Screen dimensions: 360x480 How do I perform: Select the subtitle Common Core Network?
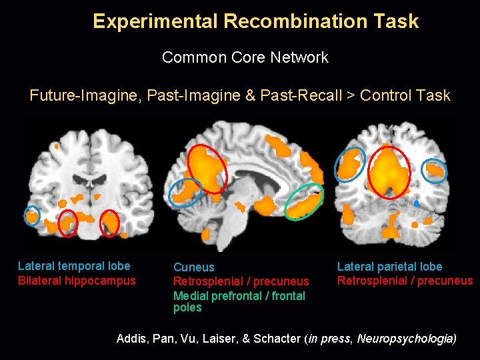point(245,57)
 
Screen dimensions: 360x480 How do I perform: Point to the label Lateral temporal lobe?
point(74,266)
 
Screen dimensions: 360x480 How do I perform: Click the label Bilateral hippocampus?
point(77,281)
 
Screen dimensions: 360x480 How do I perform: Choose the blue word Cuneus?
point(193,267)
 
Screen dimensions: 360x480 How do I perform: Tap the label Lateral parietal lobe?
point(389,267)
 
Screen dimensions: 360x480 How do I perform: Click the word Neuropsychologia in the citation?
point(406,339)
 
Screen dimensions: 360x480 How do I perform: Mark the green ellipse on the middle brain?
point(304,201)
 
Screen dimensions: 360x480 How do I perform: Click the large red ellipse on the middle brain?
point(207,169)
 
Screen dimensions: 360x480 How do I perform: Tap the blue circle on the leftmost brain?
point(31,215)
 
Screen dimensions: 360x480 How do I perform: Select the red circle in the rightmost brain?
point(389,171)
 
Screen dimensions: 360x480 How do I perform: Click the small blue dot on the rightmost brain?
point(416,201)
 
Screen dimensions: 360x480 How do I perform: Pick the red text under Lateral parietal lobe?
point(405,281)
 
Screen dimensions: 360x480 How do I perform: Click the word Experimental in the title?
point(155,21)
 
